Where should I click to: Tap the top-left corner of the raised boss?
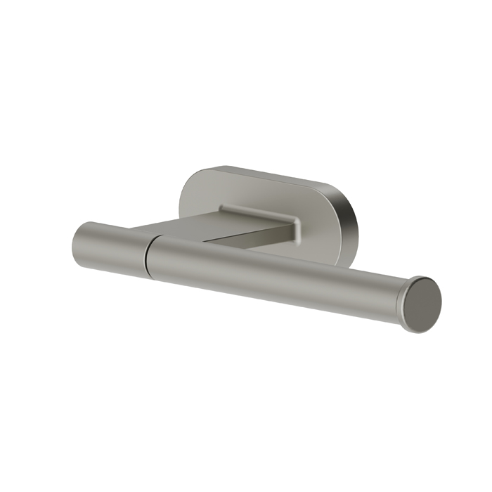point(221,206)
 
